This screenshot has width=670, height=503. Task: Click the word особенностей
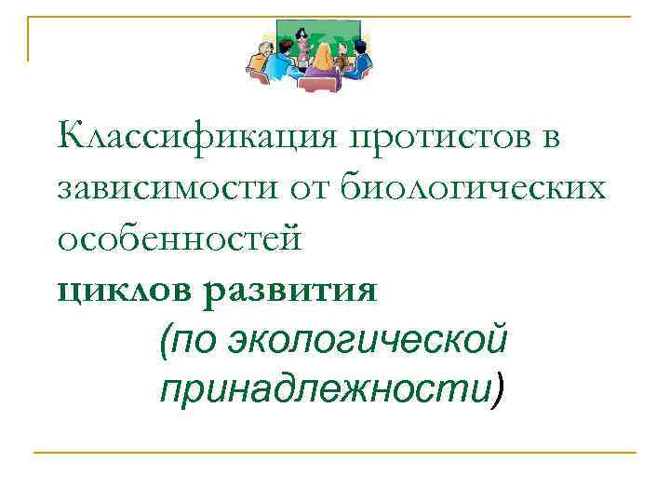tap(180, 240)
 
